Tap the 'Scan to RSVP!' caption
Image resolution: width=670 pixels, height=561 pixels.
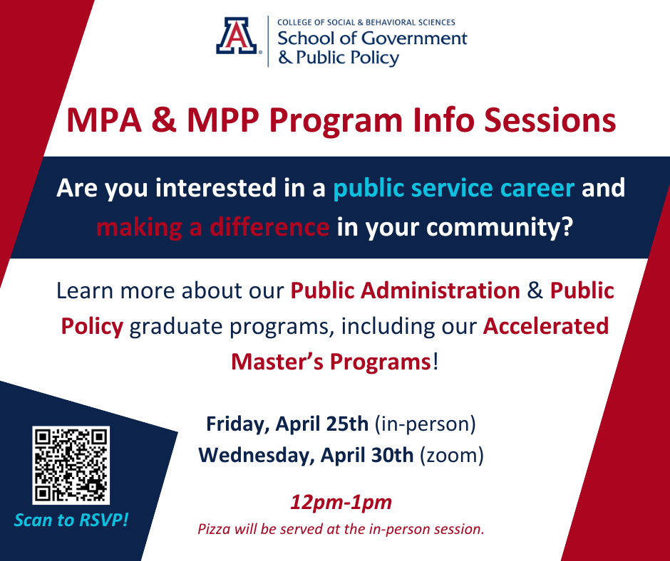point(71,520)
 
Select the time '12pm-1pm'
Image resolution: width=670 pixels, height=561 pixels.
point(341,503)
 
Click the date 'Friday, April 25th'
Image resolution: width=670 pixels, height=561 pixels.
point(287,424)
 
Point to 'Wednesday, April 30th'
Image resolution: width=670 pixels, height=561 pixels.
point(306,455)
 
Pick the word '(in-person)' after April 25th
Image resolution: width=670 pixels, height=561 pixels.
point(425,424)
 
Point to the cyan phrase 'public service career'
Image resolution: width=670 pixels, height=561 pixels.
point(454,188)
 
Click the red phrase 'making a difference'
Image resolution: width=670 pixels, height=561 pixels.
point(212,228)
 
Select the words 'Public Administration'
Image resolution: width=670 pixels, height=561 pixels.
point(405,290)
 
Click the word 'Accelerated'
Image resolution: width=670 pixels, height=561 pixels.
point(546,326)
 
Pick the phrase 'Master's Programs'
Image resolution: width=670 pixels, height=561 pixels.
point(331,361)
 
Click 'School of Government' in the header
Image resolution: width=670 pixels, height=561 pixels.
point(372,38)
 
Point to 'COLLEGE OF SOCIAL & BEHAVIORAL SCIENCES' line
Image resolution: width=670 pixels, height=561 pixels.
point(366,23)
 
